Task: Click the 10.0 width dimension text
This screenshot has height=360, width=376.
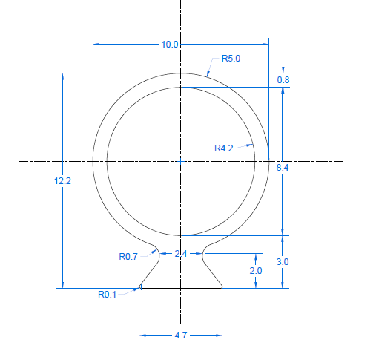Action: (170, 45)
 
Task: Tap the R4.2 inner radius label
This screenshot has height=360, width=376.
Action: (224, 148)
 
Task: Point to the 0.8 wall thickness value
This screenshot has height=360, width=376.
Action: (283, 79)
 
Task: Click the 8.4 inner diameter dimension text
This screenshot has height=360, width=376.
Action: (283, 168)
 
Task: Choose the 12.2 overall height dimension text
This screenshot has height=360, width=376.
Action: (62, 180)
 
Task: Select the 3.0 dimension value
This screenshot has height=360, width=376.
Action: (283, 262)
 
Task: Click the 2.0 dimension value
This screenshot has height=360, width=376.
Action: (255, 271)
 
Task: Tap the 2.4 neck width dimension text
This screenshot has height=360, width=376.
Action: (180, 254)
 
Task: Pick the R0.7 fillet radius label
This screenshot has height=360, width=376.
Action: (128, 257)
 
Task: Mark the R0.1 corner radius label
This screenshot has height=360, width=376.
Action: (108, 294)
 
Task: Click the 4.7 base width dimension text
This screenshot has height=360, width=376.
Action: (180, 336)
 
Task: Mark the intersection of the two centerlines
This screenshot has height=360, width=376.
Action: (180, 160)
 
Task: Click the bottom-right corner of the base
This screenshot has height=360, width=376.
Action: (222, 287)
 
